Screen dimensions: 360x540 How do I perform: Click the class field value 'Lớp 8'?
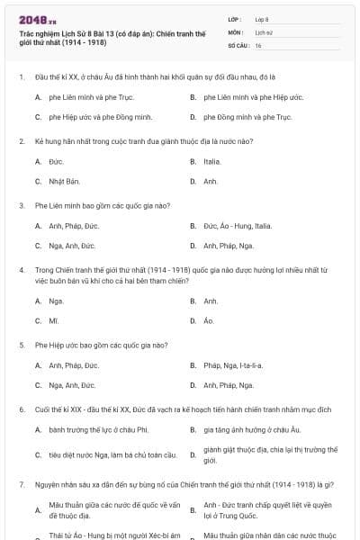point(262,18)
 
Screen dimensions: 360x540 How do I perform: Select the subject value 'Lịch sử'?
point(263,31)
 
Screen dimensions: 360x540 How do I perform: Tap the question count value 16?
point(258,45)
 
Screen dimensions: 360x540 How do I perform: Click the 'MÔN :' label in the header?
point(236,31)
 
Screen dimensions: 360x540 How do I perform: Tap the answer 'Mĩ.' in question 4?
point(54,320)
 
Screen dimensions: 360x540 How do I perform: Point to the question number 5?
point(21,345)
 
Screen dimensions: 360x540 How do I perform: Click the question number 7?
point(21,483)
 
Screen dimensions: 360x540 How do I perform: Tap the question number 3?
point(21,205)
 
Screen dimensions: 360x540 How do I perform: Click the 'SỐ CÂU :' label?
point(238,45)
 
